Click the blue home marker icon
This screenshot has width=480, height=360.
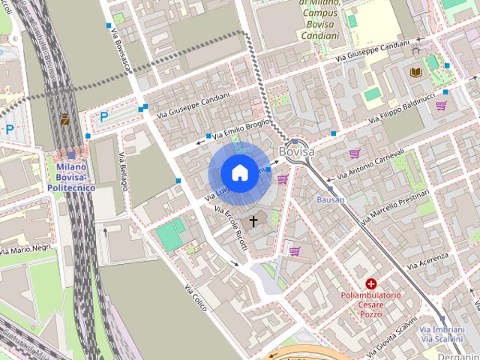pos(239,173)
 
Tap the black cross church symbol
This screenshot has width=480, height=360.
pos(253,221)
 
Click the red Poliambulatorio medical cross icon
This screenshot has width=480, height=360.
pos(371,283)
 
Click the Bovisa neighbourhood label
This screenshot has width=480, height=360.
pos(295,152)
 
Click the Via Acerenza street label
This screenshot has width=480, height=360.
pos(427,260)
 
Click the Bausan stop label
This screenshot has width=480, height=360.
pos(330,200)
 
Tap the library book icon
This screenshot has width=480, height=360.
pos(415,72)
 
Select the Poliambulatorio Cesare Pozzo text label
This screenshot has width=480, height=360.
pos(371,304)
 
